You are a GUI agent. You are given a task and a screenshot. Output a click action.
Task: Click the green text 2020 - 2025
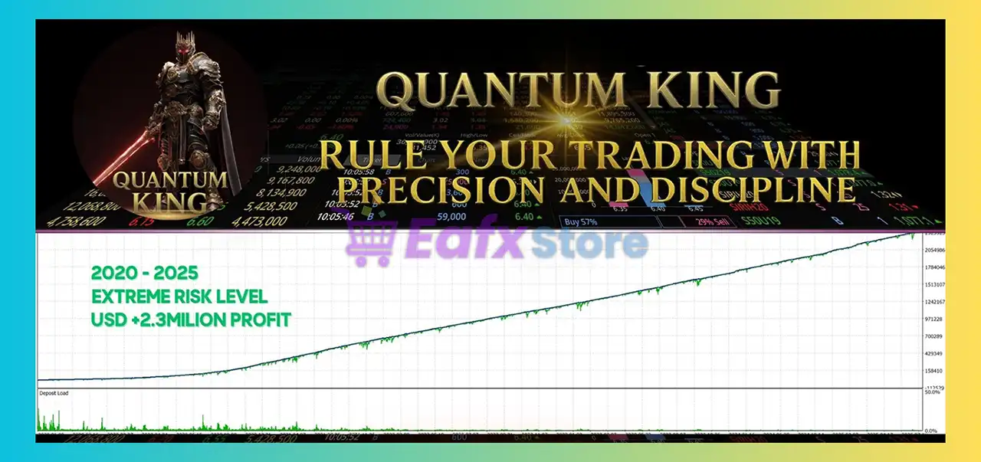[143, 273]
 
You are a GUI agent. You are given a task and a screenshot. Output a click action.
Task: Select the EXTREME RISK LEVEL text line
[179, 297]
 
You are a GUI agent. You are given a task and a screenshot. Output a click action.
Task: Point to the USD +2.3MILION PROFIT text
[191, 319]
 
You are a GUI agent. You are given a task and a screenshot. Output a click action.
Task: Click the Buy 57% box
[609, 221]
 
